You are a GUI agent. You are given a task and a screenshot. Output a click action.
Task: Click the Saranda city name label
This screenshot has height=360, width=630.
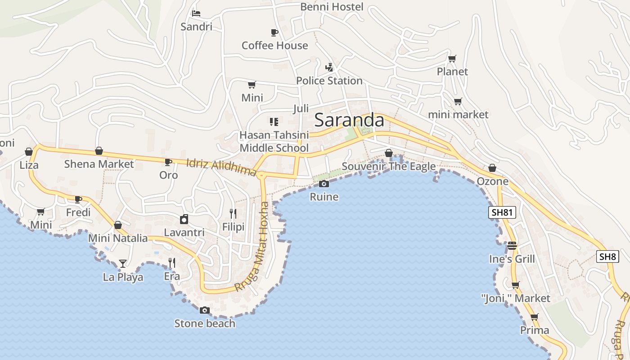pos(349,120)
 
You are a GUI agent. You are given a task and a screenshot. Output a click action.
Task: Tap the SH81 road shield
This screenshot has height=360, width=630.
pos(502,213)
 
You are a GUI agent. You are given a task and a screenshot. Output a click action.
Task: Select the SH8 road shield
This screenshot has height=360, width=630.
pos(607,256)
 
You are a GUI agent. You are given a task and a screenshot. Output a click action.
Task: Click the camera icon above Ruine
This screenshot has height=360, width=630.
pos(324,184)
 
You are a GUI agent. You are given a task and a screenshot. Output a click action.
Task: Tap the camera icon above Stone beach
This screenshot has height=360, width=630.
pos(204,310)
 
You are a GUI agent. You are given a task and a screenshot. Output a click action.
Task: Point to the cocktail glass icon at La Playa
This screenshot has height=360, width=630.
pos(123,263)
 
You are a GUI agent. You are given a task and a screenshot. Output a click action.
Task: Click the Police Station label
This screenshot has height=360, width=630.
pos(329,81)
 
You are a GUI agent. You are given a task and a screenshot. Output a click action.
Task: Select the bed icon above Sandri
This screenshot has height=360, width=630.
pos(196,13)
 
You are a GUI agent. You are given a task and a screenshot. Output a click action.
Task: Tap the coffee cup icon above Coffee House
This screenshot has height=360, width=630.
pos(274,32)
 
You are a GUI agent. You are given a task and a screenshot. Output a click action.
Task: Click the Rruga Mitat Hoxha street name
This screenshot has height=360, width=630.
pos(253,247)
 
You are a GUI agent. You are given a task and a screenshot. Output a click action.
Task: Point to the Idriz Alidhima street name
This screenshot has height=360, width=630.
pos(221,167)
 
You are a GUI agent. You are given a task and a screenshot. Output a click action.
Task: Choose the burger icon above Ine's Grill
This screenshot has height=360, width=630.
pos(512,246)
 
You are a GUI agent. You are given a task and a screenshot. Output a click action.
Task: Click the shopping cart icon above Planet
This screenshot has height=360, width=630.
pos(452,58)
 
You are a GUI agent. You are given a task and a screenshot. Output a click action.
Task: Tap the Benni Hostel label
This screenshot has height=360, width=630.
pos(332,7)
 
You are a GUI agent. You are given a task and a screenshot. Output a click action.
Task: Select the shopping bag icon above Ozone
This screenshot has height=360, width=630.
pos(492,168)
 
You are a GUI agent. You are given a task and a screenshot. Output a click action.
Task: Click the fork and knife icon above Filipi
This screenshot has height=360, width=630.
pos(233,214)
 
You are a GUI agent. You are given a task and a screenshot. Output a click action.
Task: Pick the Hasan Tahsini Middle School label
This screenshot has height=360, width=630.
pos(274,141)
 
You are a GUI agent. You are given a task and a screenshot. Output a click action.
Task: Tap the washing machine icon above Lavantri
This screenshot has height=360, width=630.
pos(184,219)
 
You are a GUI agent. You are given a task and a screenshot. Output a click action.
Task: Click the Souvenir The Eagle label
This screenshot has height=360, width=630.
pos(388,166)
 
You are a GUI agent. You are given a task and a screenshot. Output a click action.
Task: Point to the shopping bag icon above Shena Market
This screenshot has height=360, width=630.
pos(99,151)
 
